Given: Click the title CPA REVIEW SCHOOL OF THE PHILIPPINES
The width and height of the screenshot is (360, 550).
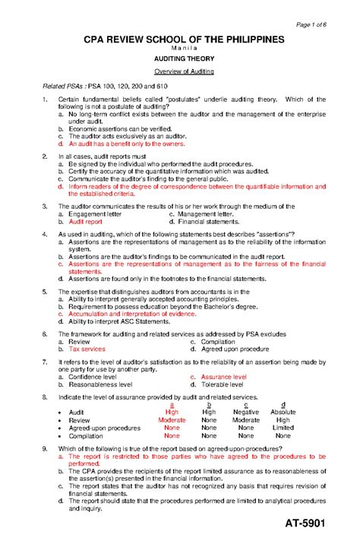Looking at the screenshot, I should pos(179,39).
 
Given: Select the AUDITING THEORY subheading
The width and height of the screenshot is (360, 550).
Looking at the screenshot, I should pos(179,58).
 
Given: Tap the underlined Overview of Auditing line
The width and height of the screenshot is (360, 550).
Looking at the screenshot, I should pos(179,71).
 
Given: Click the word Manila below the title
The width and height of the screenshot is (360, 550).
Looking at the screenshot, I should pos(179,48).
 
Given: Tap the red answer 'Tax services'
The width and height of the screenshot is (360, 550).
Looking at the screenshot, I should pos(87,349).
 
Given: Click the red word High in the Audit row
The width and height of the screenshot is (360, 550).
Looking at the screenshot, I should pos(172,412).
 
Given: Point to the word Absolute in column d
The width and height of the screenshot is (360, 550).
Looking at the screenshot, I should pos(283,412).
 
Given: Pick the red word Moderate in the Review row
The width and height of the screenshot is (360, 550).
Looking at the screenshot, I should pos(172,420).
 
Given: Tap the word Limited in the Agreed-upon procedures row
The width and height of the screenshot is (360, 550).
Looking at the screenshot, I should pos(283,428).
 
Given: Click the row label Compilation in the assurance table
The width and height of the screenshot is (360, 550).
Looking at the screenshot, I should pos(87,436).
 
